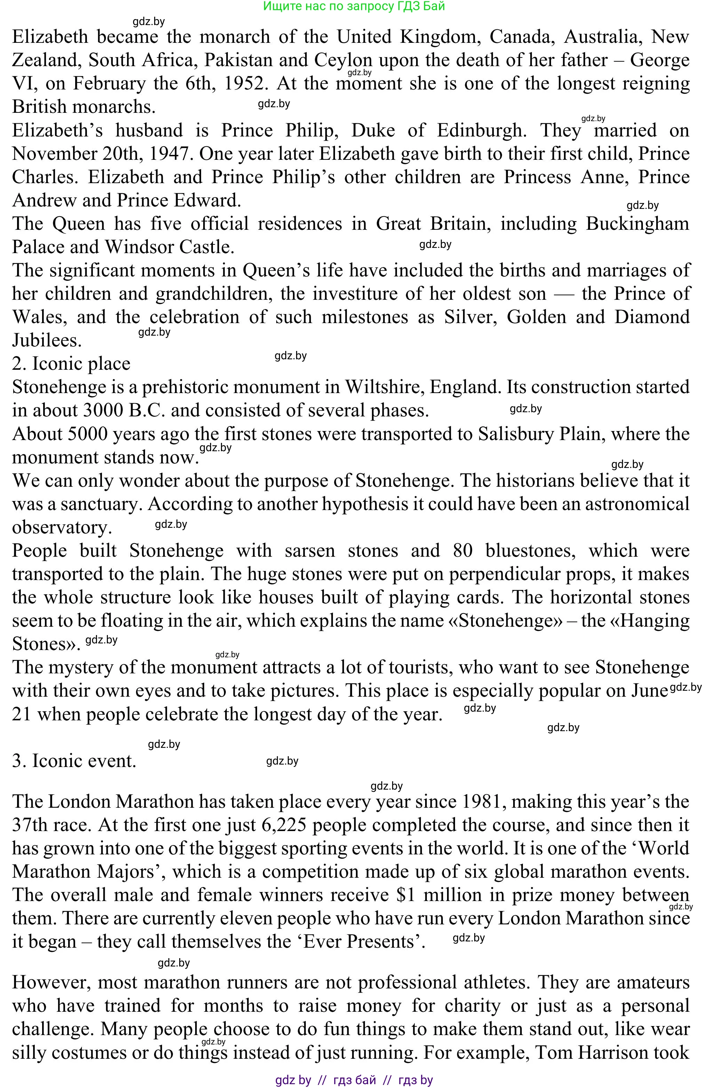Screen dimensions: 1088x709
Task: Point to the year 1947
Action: pos(169,154)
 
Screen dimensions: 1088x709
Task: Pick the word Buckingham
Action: pos(637,224)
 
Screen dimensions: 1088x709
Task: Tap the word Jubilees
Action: pos(47,341)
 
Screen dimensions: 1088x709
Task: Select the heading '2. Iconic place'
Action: pos(71,364)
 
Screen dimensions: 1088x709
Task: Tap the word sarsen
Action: pos(309,551)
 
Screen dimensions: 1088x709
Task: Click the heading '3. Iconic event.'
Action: pos(74,761)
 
